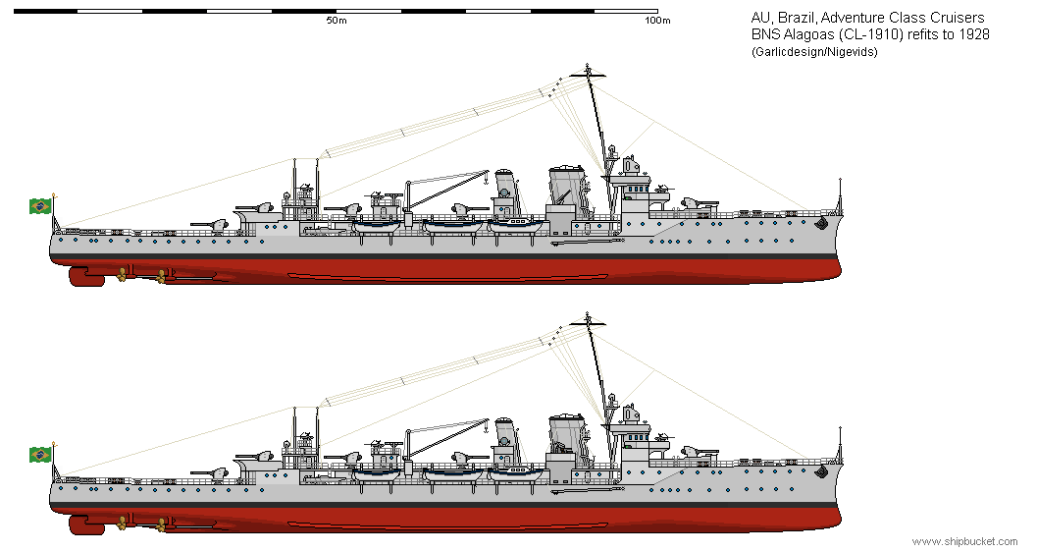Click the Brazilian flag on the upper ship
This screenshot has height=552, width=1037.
(40, 205)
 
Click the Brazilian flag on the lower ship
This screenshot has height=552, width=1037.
(40, 454)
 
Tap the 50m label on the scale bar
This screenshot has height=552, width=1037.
(337, 21)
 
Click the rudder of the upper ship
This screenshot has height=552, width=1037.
(86, 277)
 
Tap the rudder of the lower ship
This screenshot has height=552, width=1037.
(86, 525)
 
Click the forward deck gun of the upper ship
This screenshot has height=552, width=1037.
(696, 204)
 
